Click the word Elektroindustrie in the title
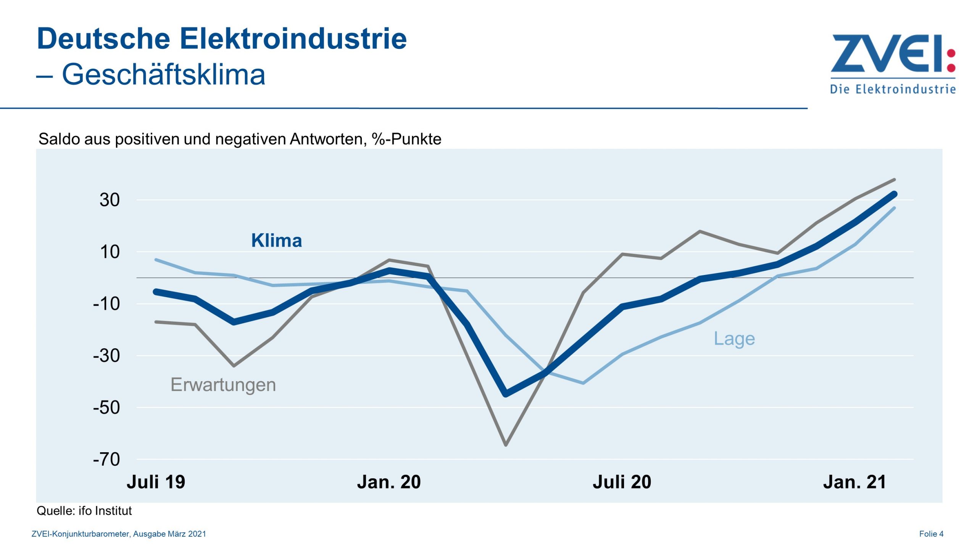(293, 39)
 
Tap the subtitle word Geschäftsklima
(163, 74)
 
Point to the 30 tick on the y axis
(110, 200)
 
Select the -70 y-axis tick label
(106, 459)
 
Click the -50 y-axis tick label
(106, 408)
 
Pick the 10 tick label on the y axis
(110, 252)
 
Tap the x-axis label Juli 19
(156, 482)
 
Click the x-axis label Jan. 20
(389, 482)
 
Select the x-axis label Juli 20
(622, 482)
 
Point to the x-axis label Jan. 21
(854, 482)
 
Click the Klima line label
(276, 241)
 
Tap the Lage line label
(734, 339)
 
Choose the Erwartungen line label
(223, 385)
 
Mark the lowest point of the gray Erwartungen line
(506, 445)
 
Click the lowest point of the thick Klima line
(506, 394)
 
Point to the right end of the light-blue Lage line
(894, 208)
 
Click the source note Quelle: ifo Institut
(84, 511)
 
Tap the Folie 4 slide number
(931, 534)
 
